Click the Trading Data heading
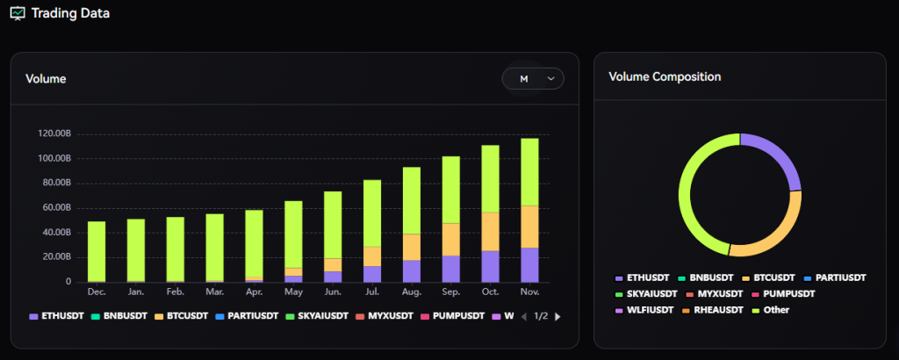(x=70, y=13)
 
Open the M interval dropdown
(x=533, y=79)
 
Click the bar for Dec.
(x=97, y=250)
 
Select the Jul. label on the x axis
(x=371, y=291)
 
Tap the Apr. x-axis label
(x=254, y=291)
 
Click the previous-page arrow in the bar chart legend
(x=524, y=316)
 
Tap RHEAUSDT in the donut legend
(x=717, y=310)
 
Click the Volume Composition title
(x=665, y=77)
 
